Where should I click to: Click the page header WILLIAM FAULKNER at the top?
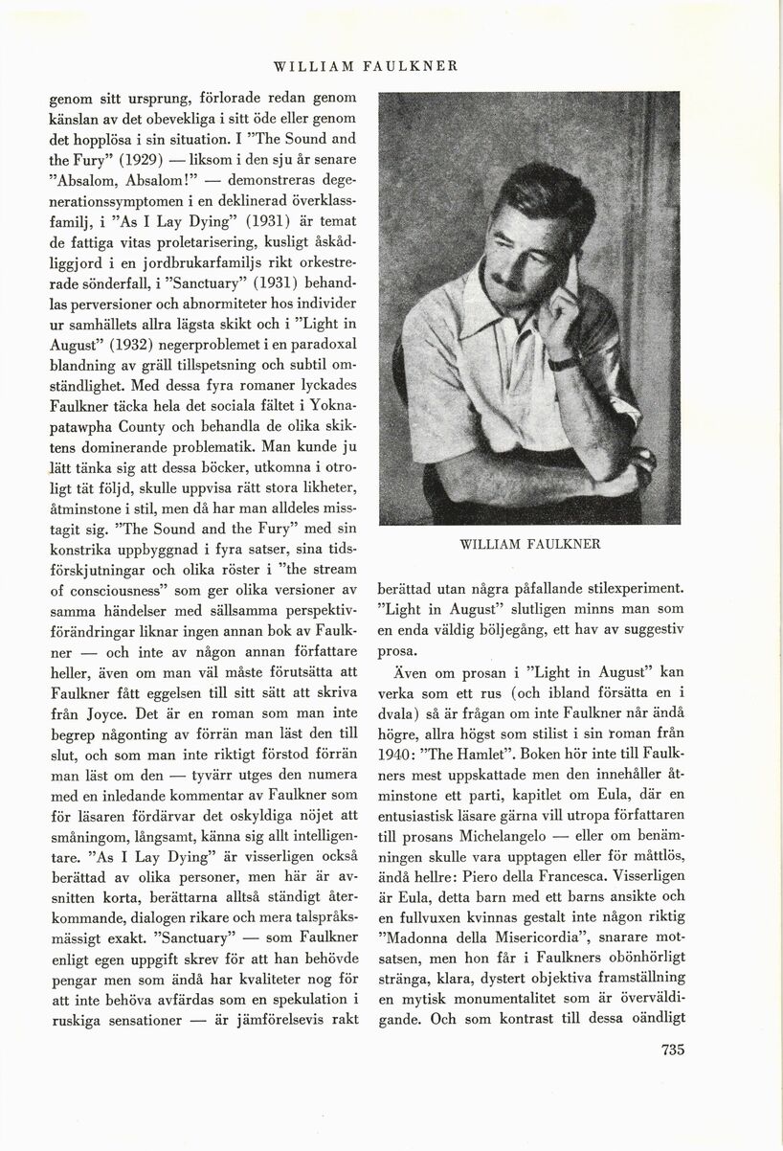pyautogui.click(x=366, y=67)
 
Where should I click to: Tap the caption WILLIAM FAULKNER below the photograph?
pyautogui.click(x=529, y=544)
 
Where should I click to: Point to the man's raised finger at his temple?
pyautogui.click(x=571, y=268)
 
